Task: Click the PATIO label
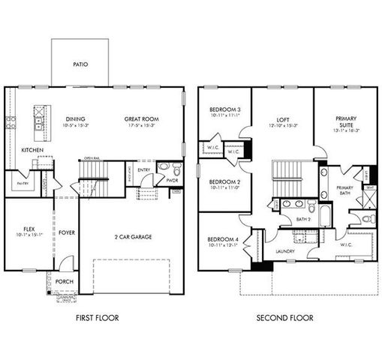(x=80, y=64)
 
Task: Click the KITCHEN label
(x=32, y=151)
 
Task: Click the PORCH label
(x=65, y=283)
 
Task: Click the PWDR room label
(x=172, y=181)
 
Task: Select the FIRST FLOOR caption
(x=98, y=318)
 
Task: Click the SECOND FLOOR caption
(x=285, y=318)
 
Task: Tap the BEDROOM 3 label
(x=224, y=111)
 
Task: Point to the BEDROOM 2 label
(x=224, y=182)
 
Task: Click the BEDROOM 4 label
(x=224, y=239)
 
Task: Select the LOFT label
(x=283, y=118)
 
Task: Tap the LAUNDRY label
(x=285, y=251)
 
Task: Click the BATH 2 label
(x=302, y=219)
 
